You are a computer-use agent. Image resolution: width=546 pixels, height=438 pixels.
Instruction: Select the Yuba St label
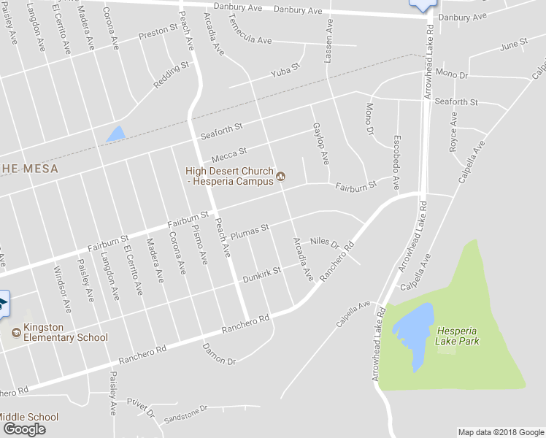coord(285,71)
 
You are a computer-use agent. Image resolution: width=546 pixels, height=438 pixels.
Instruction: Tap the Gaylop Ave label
coord(320,144)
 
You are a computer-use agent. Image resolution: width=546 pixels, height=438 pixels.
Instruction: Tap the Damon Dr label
coord(219,354)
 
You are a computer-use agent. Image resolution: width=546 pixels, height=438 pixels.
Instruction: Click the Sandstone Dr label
coord(186,414)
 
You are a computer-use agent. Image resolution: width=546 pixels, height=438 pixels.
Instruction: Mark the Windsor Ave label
coord(64,290)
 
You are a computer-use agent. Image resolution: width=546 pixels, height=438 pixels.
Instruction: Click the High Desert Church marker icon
coord(280,176)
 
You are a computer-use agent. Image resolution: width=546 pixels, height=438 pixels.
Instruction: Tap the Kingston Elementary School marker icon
coord(16,332)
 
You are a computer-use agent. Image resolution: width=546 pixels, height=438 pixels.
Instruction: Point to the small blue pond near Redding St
coord(115,134)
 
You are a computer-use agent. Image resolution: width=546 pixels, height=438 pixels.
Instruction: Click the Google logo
coord(24,429)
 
